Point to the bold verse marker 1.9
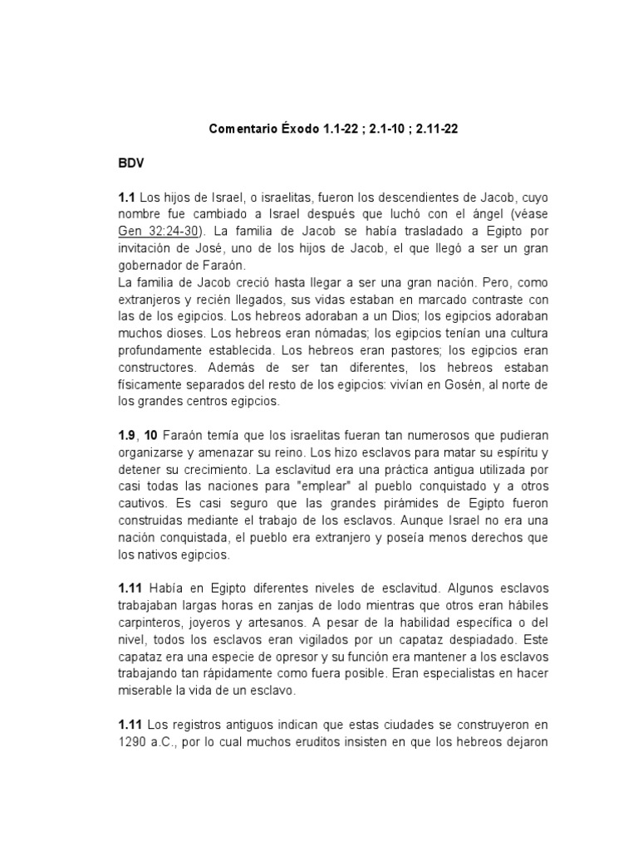(129, 436)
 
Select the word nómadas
(292, 335)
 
